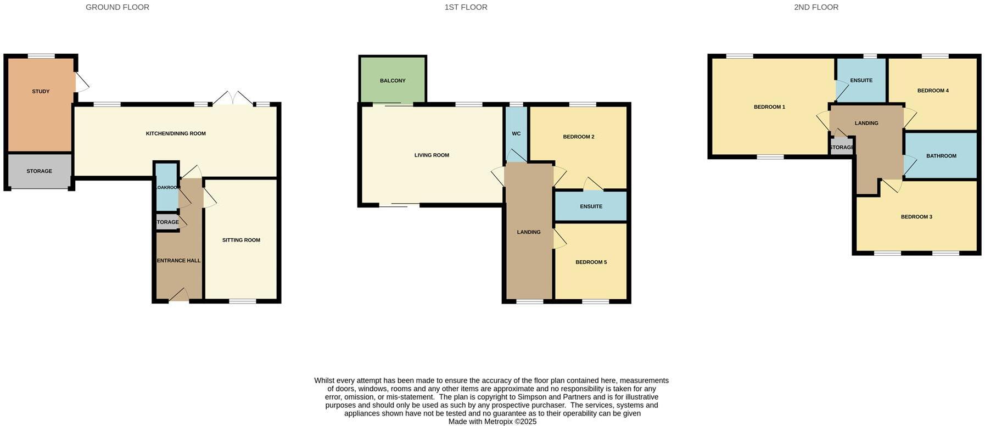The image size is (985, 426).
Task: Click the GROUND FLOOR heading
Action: [x=117, y=7]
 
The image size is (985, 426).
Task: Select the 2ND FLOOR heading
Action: [x=816, y=7]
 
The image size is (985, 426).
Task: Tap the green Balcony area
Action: [x=393, y=80]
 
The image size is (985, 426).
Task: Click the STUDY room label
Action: [x=41, y=91]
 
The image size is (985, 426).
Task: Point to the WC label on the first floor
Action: [x=516, y=133]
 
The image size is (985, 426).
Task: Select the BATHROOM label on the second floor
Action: [x=941, y=156]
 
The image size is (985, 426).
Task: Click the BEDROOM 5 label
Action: [x=591, y=262]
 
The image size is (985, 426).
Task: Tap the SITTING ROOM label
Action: [x=241, y=240]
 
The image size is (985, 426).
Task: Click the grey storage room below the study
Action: [x=40, y=171]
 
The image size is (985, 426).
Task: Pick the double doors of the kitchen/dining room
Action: [x=233, y=99]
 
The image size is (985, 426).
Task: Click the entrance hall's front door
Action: [x=179, y=296]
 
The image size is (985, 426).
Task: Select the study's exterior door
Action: [x=81, y=83]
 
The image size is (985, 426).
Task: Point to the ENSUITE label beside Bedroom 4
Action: [x=861, y=80]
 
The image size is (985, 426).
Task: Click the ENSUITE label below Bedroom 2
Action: [x=591, y=206]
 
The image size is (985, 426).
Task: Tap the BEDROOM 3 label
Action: [x=916, y=217]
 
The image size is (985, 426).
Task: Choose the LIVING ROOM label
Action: [x=432, y=155]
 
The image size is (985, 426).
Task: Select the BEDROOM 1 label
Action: [x=769, y=107]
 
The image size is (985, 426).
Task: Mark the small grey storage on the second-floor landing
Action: [x=841, y=147]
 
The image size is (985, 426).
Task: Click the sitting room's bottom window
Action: [x=242, y=301]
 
